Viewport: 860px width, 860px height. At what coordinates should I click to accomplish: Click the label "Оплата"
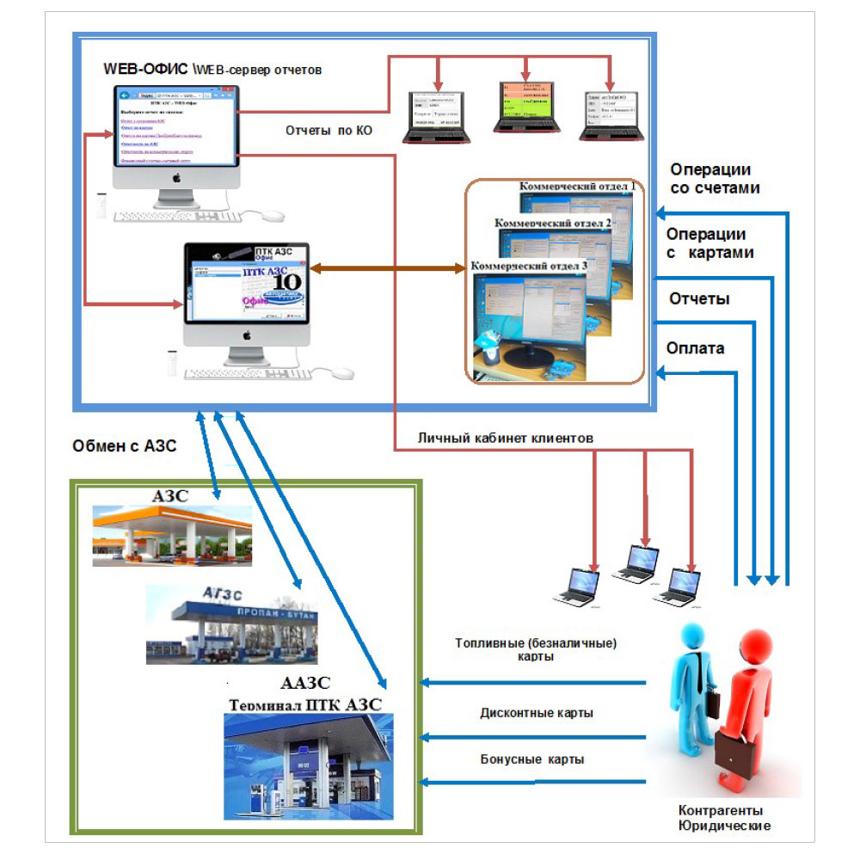click(x=696, y=348)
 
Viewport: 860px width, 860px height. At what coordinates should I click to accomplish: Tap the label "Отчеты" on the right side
click(x=699, y=298)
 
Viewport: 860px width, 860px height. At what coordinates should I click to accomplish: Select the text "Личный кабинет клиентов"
click(x=506, y=438)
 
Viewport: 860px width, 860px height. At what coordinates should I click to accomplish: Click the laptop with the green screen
click(x=524, y=107)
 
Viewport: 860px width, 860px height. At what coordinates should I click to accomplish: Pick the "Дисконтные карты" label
click(x=537, y=713)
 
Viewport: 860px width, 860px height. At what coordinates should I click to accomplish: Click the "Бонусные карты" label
click(x=532, y=759)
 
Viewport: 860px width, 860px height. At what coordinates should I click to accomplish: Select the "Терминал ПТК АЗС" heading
click(x=305, y=705)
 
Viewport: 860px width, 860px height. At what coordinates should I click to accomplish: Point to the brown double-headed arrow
click(x=387, y=269)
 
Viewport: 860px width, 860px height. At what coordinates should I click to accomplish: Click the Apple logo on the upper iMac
click(x=176, y=177)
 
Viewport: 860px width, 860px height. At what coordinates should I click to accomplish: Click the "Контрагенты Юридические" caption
click(x=724, y=818)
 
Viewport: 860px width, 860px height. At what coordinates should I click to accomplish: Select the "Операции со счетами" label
click(x=715, y=178)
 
